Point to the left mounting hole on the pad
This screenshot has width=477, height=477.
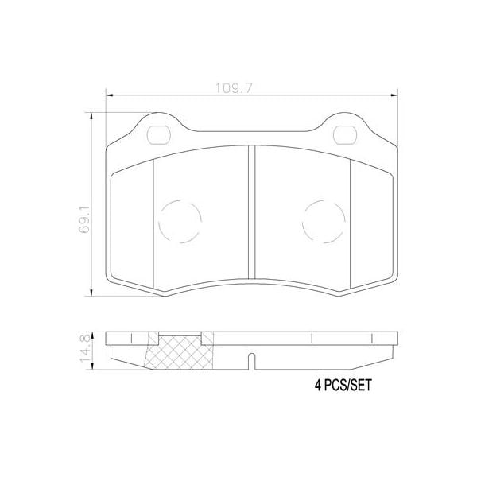[x=158, y=133]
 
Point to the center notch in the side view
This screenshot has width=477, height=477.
[x=251, y=360]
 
